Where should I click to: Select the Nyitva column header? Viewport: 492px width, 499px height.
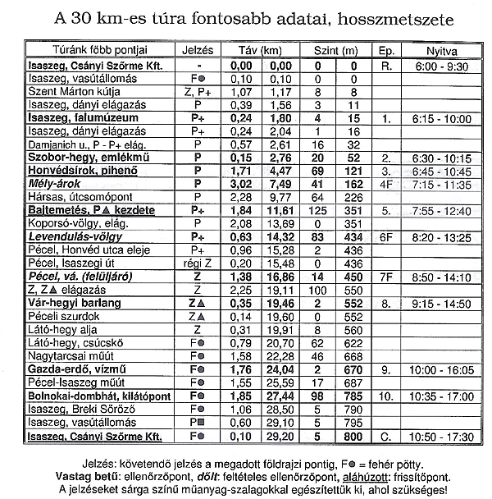point(442,51)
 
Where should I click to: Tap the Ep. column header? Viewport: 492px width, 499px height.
point(388,51)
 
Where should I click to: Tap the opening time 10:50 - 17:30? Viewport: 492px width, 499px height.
point(443,436)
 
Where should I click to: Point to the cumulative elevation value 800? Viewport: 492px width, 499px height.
point(353,436)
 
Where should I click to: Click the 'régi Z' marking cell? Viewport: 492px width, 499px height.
point(198,263)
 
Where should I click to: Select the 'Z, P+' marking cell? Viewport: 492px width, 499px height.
point(198,93)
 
